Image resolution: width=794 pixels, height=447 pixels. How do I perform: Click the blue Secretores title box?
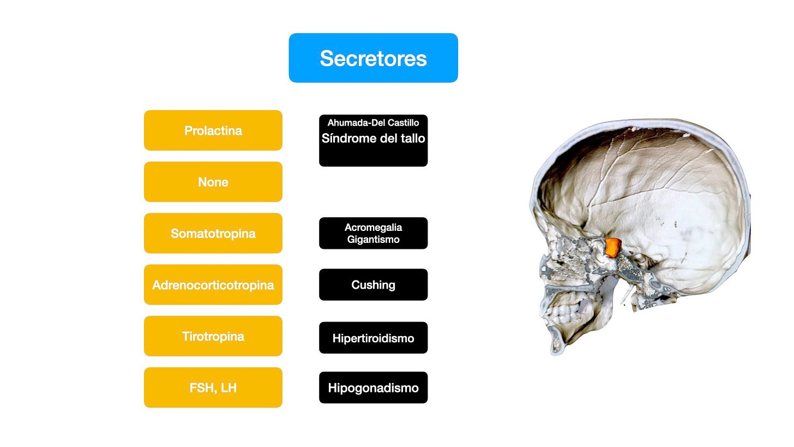(x=373, y=58)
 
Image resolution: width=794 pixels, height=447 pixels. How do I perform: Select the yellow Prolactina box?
(x=213, y=130)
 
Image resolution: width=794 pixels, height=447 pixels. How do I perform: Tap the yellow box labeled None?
(x=213, y=182)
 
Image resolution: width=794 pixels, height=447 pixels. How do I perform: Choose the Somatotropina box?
(x=213, y=233)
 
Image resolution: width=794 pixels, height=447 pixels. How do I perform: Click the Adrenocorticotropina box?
(x=213, y=284)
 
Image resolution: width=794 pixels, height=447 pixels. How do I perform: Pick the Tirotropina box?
(x=213, y=336)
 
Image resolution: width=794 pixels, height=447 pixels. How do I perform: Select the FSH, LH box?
(x=213, y=388)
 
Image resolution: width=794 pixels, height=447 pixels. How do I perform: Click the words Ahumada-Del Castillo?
(x=373, y=123)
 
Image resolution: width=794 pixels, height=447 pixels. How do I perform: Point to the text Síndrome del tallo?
(x=373, y=139)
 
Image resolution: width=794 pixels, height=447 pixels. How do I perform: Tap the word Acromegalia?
(x=373, y=227)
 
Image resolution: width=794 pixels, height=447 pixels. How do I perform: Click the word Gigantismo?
(x=373, y=240)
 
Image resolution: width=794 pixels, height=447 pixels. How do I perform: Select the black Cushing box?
(x=373, y=284)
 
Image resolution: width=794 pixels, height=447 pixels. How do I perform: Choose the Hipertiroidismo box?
(x=373, y=338)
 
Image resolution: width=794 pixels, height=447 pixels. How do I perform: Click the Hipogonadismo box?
(x=373, y=388)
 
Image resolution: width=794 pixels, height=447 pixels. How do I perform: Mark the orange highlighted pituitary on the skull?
(x=613, y=247)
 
